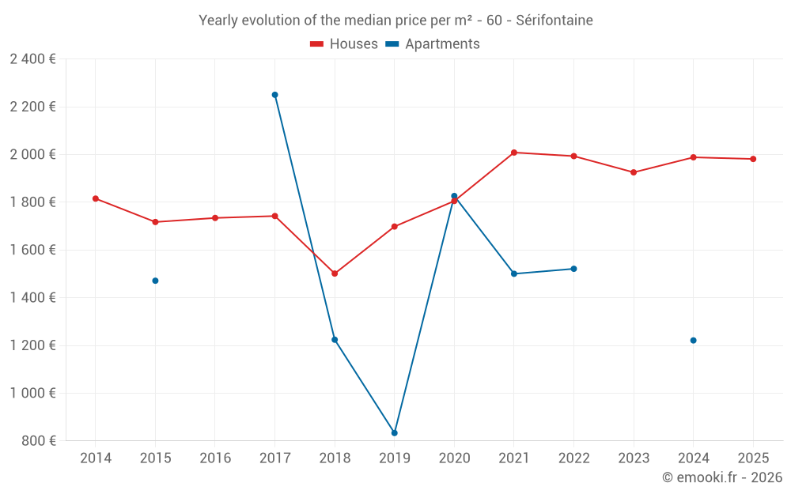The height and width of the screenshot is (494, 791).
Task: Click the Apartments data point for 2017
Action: click(x=275, y=95)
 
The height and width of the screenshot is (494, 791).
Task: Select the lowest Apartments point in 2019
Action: click(x=395, y=433)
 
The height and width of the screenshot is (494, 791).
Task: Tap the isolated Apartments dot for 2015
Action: click(x=155, y=281)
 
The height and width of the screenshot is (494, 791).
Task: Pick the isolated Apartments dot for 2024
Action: click(x=694, y=341)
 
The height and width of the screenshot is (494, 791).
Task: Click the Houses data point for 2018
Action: click(x=335, y=273)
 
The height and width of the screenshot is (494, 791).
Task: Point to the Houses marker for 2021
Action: click(x=514, y=153)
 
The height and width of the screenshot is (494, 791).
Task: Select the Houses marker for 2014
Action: click(x=96, y=198)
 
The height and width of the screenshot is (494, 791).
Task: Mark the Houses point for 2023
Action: click(x=634, y=172)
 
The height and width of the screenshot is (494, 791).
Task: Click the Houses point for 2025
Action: click(x=753, y=159)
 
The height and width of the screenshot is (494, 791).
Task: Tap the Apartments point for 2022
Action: click(x=574, y=269)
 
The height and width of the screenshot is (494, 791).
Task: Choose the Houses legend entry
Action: click(x=344, y=44)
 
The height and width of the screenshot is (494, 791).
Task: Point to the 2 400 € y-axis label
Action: click(x=32, y=59)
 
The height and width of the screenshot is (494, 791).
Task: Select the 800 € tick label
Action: click(x=38, y=441)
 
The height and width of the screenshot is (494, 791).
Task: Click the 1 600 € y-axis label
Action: click(x=32, y=250)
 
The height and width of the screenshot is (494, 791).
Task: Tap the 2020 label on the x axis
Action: click(x=454, y=458)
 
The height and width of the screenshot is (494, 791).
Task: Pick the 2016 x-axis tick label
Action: click(x=215, y=458)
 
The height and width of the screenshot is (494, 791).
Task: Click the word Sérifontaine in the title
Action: click(x=554, y=21)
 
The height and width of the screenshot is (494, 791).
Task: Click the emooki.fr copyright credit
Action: click(x=721, y=477)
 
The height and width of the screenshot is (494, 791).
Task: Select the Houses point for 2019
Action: click(x=395, y=227)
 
